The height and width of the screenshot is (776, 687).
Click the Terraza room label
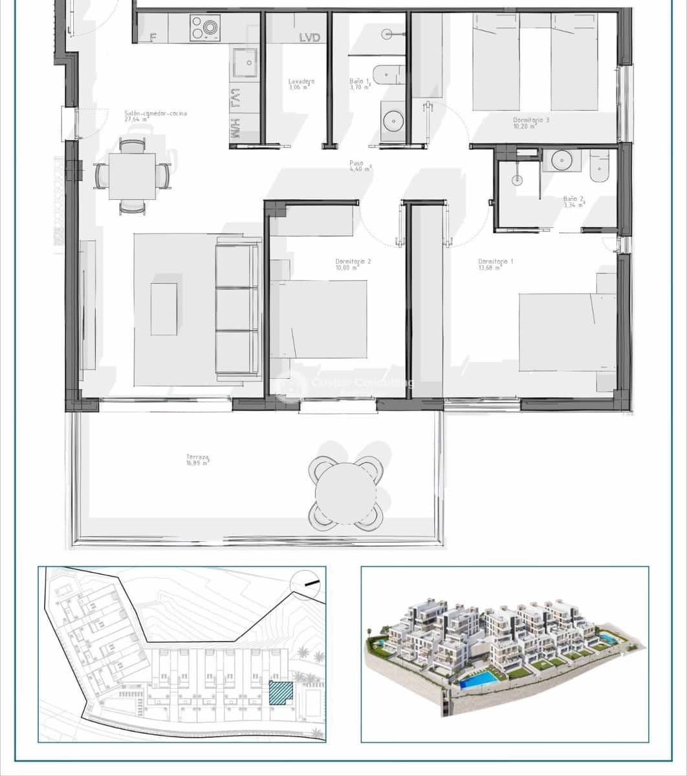coord(198,460)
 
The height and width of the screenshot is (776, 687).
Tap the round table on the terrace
coord(345,493)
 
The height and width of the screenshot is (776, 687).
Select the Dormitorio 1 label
coord(496,264)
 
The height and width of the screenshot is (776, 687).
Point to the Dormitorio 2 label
coord(353,264)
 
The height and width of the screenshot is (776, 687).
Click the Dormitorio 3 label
coord(531,123)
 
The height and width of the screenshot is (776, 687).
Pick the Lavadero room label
coord(301,84)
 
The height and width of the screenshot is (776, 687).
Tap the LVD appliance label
coord(310,38)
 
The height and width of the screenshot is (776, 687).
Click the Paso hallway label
coord(358,166)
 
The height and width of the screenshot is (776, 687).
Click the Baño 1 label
coord(360,84)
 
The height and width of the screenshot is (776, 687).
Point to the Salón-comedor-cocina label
coord(155,116)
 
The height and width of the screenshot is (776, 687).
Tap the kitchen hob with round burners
coord(205,28)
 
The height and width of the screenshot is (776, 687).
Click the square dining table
coord(132,176)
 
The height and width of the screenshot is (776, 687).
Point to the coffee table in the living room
coord(164,309)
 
